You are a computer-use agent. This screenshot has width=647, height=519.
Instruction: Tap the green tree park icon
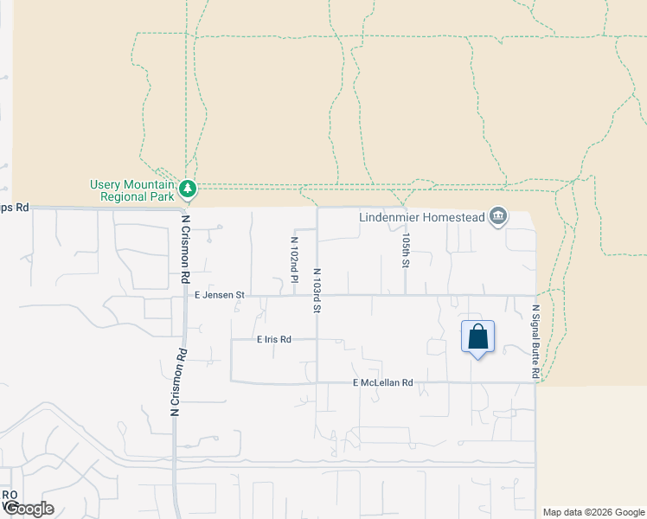[x=187, y=188]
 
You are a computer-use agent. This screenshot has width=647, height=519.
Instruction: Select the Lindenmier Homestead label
[x=422, y=216]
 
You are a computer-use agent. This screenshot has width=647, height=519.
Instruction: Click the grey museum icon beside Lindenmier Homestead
[x=497, y=216]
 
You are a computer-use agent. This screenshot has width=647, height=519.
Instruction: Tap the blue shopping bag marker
[x=477, y=336]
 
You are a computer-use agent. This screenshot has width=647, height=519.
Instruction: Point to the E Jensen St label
[x=220, y=295]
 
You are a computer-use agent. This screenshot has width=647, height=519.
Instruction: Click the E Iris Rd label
[x=274, y=340]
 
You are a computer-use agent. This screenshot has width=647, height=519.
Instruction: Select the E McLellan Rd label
[x=383, y=382]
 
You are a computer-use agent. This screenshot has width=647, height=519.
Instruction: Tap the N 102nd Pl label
[x=294, y=257]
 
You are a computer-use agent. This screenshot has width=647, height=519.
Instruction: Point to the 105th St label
[x=405, y=248]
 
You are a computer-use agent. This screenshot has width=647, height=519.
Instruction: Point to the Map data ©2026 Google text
[x=594, y=512]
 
